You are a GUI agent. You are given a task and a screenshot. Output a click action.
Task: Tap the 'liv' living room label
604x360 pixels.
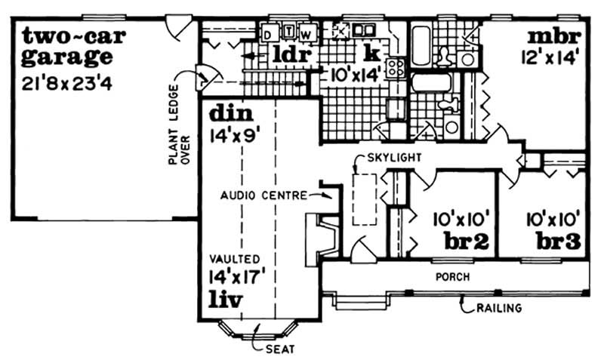point(226,300)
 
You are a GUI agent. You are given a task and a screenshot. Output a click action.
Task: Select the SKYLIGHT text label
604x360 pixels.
point(393,157)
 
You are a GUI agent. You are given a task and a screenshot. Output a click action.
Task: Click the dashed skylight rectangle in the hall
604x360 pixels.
point(364,198)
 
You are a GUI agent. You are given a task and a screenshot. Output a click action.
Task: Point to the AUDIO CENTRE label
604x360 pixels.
point(263,195)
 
